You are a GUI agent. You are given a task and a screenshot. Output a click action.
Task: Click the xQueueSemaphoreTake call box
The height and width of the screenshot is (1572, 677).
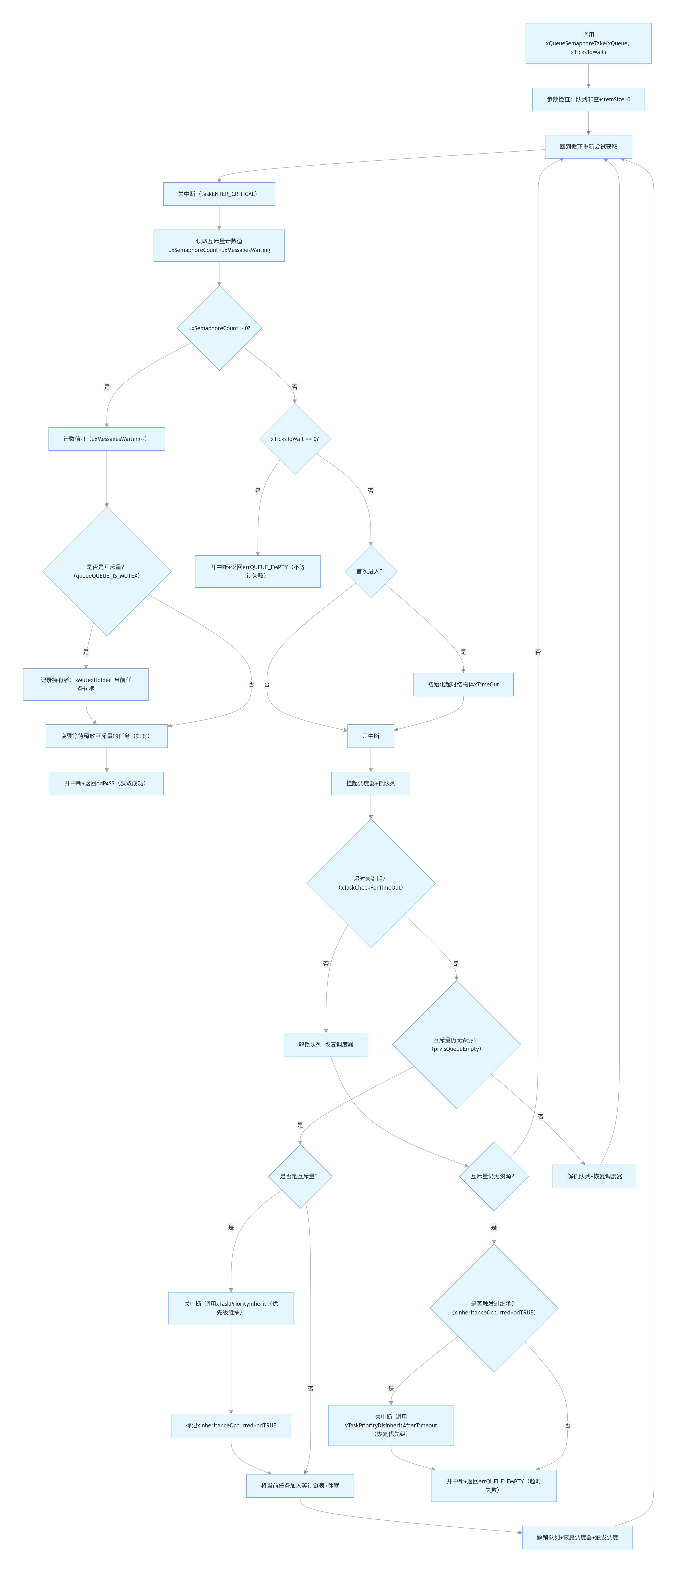click(588, 43)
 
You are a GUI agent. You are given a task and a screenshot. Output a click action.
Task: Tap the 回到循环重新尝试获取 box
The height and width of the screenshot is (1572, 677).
click(588, 147)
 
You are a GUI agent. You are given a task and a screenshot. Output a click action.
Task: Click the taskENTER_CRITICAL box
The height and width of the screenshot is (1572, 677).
click(218, 194)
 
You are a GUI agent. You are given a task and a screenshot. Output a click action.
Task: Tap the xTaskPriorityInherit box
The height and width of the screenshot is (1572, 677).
click(231, 1308)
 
